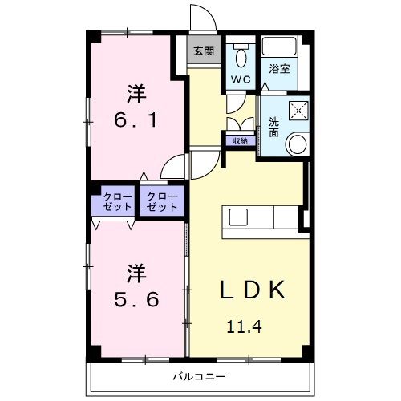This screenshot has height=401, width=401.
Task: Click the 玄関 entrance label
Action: [204, 51]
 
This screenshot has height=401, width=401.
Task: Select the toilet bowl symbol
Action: [240, 55]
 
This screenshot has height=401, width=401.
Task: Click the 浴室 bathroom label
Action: [279, 70]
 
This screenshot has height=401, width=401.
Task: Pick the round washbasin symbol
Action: [297, 145]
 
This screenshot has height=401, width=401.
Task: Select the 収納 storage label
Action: [240, 140]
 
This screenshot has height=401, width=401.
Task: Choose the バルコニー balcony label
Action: [199, 375]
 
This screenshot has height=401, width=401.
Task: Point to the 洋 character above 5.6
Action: [136, 273]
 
